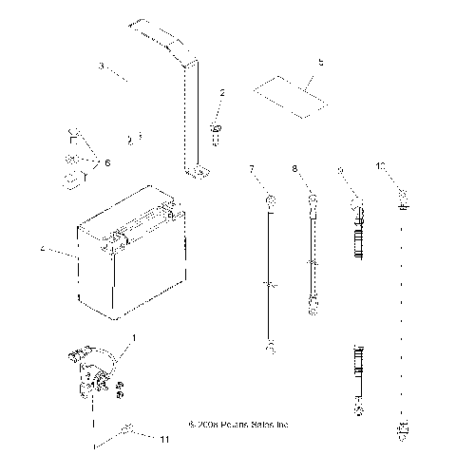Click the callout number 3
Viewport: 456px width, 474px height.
pyautogui.click(x=101, y=66)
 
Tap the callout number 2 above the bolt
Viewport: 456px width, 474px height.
pyautogui.click(x=221, y=93)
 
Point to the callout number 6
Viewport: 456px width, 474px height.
pyautogui.click(x=106, y=163)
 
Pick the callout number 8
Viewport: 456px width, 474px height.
pyautogui.click(x=294, y=169)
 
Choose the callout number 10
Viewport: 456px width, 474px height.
pyautogui.click(x=407, y=169)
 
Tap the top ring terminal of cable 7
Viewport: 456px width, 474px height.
pyautogui.click(x=270, y=200)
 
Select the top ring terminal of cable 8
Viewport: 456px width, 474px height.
pyautogui.click(x=312, y=200)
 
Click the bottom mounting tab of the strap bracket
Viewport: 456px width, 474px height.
pyautogui.click(x=199, y=172)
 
